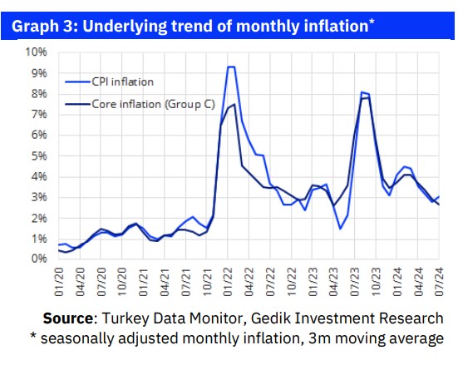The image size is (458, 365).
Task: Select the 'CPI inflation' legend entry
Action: tap(121, 81)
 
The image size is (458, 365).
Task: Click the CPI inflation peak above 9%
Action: tap(231, 67)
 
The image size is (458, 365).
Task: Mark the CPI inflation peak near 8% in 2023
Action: tap(364, 92)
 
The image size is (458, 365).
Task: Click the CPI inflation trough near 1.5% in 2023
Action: tap(341, 229)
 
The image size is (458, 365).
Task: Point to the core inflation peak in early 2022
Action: tap(235, 105)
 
